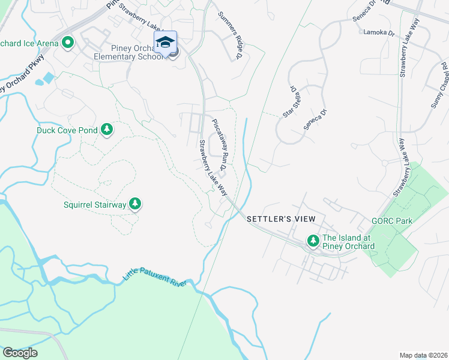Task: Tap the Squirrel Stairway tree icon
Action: click(135, 205)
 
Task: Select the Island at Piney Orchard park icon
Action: click(313, 241)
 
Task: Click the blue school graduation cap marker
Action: click(165, 42)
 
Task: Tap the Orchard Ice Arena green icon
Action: click(68, 43)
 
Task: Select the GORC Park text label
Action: click(392, 221)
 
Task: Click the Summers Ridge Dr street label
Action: click(229, 35)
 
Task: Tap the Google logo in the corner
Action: click(20, 353)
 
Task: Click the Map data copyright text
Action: click(423, 355)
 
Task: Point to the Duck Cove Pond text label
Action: click(67, 130)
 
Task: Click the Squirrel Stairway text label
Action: click(95, 205)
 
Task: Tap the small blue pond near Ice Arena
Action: click(47, 79)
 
